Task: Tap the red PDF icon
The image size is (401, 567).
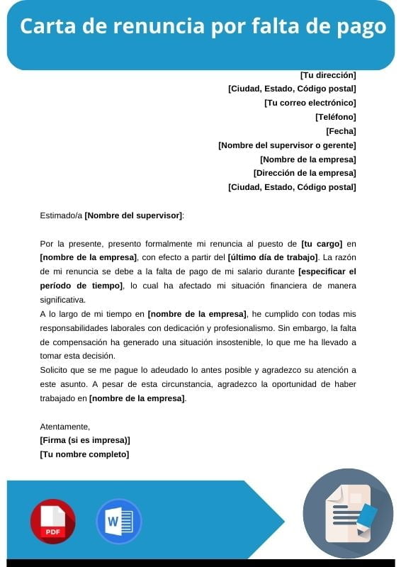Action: tap(52, 522)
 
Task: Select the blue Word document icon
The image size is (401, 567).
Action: tap(118, 522)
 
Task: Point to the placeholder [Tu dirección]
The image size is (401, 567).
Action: tap(328, 74)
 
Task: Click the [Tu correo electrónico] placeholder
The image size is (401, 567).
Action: tap(310, 103)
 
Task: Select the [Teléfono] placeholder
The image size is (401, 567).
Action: tap(335, 117)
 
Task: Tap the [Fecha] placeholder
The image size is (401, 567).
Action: tap(341, 131)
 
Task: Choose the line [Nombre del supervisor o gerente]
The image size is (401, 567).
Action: tap(287, 145)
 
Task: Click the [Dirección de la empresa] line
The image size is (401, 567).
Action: tap(305, 173)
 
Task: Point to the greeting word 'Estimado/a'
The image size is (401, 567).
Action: tap(61, 215)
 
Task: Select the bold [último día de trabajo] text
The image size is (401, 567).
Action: tap(272, 257)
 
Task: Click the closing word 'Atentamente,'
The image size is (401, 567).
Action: tap(65, 427)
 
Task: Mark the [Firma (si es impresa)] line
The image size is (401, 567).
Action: tap(85, 440)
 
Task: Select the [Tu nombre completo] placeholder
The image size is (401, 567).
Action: tap(84, 454)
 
